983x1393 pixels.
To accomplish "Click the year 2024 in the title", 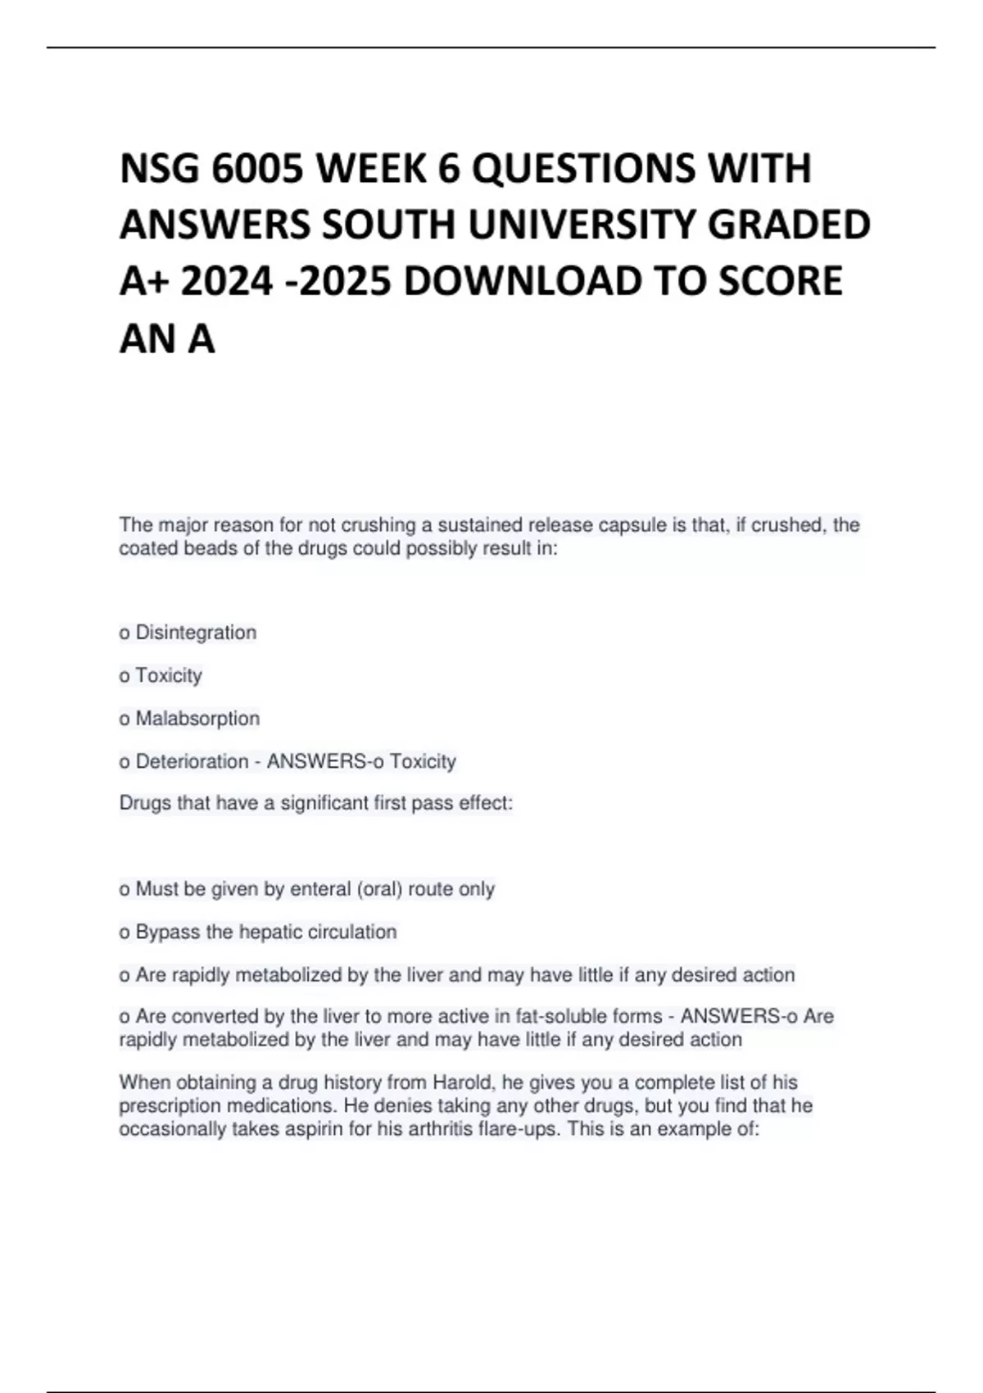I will pos(226,281).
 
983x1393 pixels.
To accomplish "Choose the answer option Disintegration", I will pos(196,633).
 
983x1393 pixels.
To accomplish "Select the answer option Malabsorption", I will pos(197,719).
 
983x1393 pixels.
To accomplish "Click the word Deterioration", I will pos(192,761).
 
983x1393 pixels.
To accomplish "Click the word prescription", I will pos(170,1106).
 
